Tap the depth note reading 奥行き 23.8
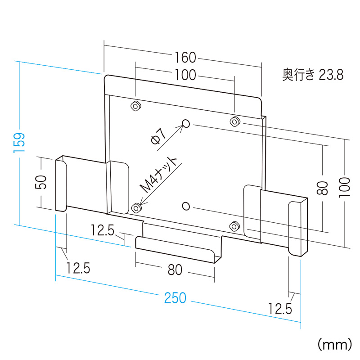tap(313, 74)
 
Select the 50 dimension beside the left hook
tap(42, 182)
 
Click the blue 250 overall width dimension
tap(175, 298)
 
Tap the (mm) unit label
tap(334, 344)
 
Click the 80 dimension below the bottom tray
tap(175, 270)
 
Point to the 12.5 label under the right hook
tap(280, 309)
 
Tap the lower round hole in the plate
tap(186, 206)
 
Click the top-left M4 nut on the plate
tap(135, 106)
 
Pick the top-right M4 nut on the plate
tap(234, 121)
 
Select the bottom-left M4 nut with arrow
tap(136, 208)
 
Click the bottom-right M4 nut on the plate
tap(234, 226)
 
